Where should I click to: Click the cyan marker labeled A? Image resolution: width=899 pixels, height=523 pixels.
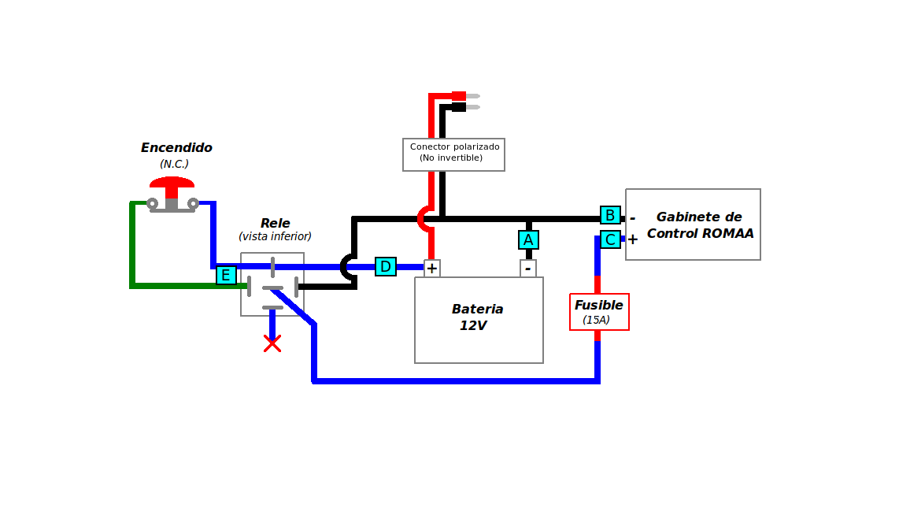[528, 239]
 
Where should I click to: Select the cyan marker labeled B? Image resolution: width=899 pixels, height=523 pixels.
[610, 215]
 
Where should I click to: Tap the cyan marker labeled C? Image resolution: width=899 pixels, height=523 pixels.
[610, 239]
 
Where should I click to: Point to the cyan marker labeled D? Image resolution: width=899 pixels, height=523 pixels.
[385, 266]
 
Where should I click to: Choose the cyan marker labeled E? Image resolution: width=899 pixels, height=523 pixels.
[226, 275]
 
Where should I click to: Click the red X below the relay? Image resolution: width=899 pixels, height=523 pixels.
[272, 343]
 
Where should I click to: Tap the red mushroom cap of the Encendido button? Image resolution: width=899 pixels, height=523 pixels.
[172, 183]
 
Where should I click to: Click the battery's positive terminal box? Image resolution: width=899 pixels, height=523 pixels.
[431, 268]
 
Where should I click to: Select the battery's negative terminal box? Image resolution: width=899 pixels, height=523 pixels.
[528, 268]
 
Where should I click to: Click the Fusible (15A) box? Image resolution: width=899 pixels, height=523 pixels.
[599, 312]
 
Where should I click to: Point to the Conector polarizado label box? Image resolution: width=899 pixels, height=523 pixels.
[453, 154]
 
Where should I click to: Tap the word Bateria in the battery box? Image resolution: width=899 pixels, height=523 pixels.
[477, 309]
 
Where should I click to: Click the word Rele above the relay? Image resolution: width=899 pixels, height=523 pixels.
[276, 223]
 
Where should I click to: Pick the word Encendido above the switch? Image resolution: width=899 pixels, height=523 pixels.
[176, 147]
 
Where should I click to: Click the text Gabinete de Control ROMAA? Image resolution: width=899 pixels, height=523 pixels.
[700, 224]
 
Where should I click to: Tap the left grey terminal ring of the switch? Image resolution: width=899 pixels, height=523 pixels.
[152, 203]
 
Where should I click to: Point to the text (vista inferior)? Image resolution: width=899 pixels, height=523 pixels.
[276, 236]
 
